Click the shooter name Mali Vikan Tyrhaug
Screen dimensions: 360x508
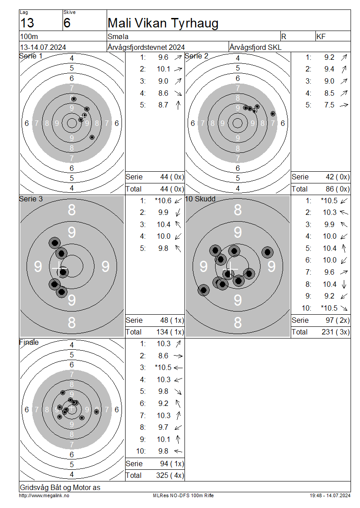click(x=163, y=23)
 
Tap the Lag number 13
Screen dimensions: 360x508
click(x=27, y=23)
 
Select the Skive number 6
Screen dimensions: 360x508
click(x=67, y=23)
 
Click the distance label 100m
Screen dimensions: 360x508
click(x=29, y=36)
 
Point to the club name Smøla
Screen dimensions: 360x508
click(x=118, y=36)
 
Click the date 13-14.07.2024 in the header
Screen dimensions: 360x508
click(x=43, y=47)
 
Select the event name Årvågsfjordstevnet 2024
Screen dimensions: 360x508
click(x=146, y=47)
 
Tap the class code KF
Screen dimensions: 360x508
click(x=321, y=36)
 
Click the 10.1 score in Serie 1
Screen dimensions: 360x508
click(x=163, y=69)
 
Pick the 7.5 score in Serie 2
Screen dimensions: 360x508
click(x=329, y=105)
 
